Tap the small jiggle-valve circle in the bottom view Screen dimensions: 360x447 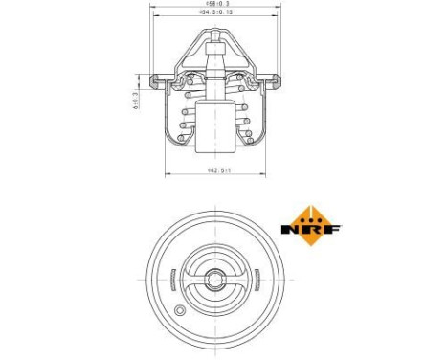point(181,310)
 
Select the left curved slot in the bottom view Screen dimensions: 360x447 point(169,280)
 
